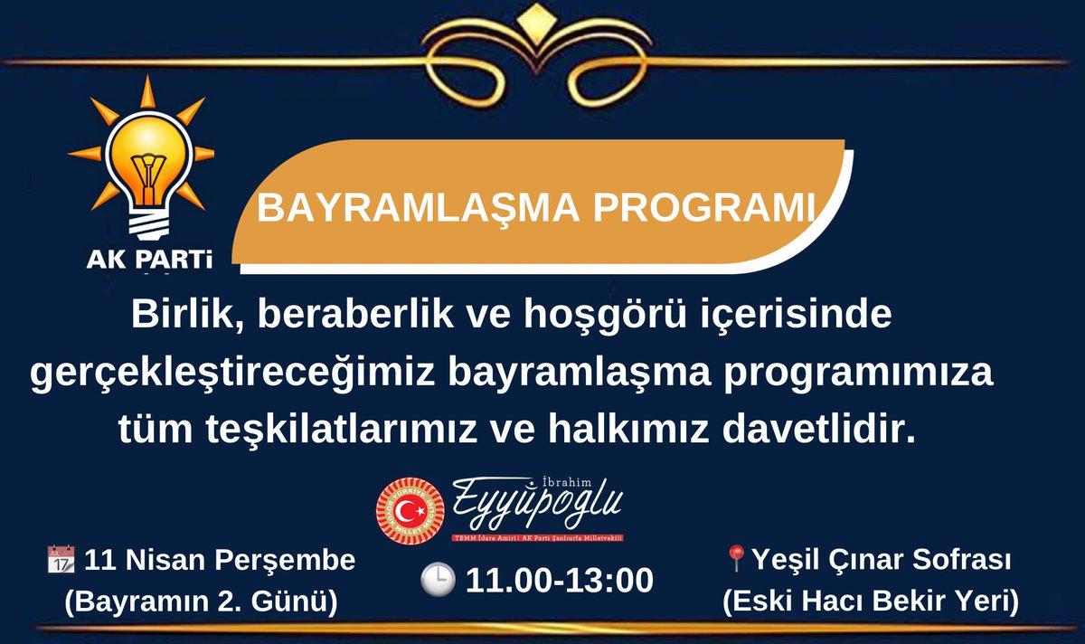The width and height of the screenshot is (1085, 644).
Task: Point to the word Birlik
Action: pos(185,315)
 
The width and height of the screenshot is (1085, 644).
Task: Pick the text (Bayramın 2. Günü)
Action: pos(200,601)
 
